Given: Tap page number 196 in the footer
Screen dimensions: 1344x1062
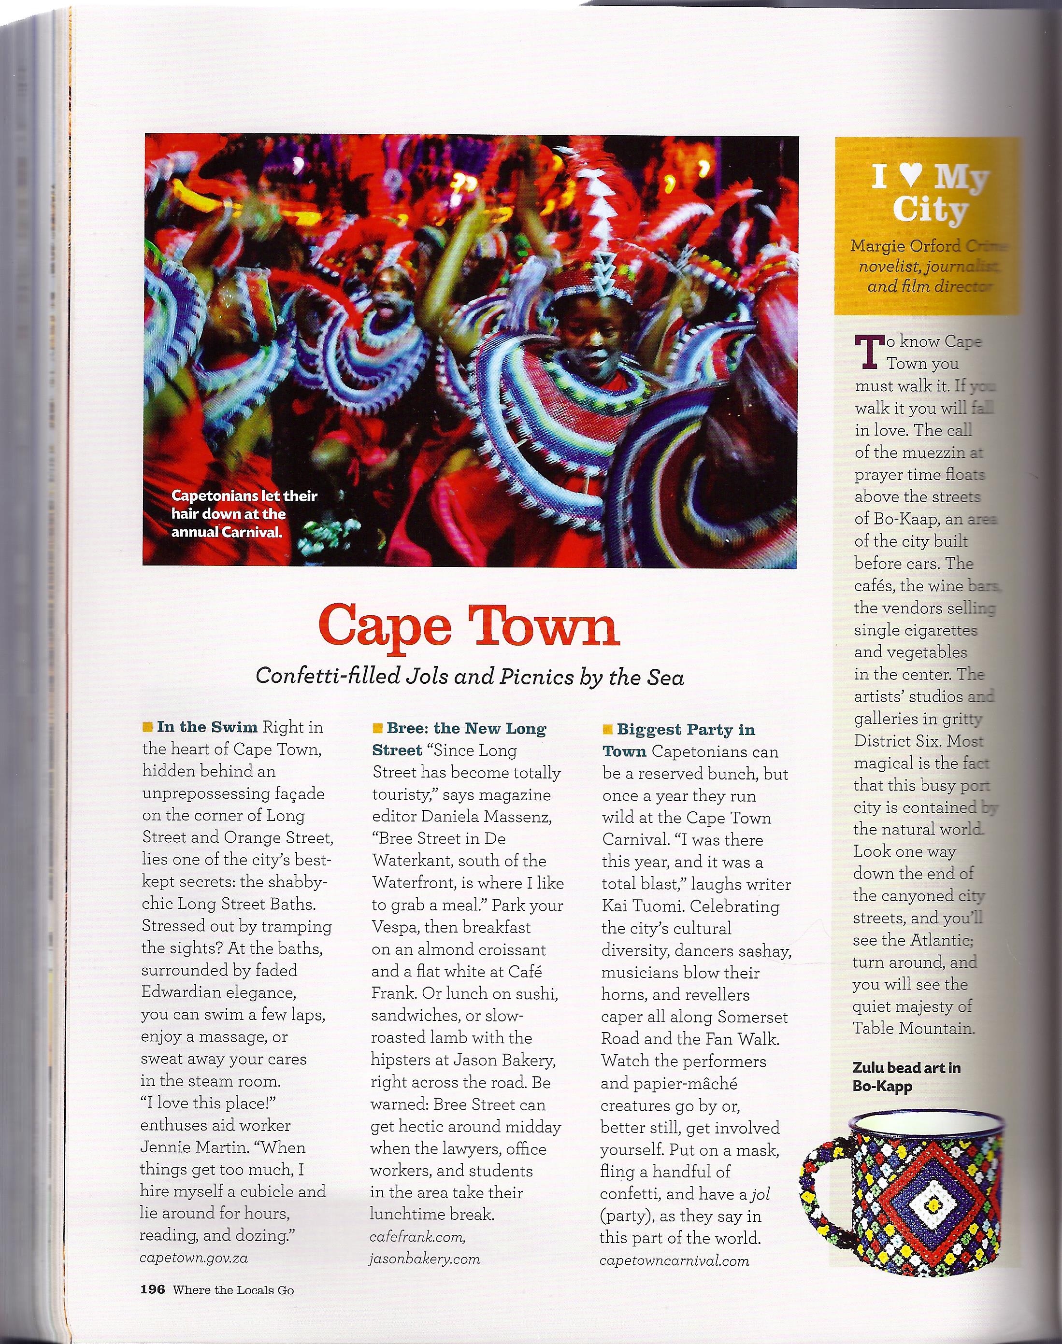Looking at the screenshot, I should click(x=152, y=1290).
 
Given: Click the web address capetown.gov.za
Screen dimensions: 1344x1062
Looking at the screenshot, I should click(x=193, y=1258).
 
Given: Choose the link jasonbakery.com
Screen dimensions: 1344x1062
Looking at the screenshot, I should click(x=424, y=1259).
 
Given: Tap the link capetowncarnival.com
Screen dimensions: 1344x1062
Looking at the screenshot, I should click(x=674, y=1261).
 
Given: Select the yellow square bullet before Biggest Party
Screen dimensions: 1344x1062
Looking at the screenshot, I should click(x=607, y=729).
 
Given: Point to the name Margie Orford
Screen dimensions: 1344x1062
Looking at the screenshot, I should click(x=906, y=246).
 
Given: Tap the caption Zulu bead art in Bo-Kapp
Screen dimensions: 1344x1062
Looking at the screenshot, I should click(x=906, y=1077).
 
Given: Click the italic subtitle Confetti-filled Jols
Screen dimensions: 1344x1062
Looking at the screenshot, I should click(x=470, y=676).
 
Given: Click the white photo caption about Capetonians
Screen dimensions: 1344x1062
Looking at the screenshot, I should click(x=244, y=513).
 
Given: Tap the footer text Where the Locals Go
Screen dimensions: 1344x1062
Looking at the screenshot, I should click(x=233, y=1290).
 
